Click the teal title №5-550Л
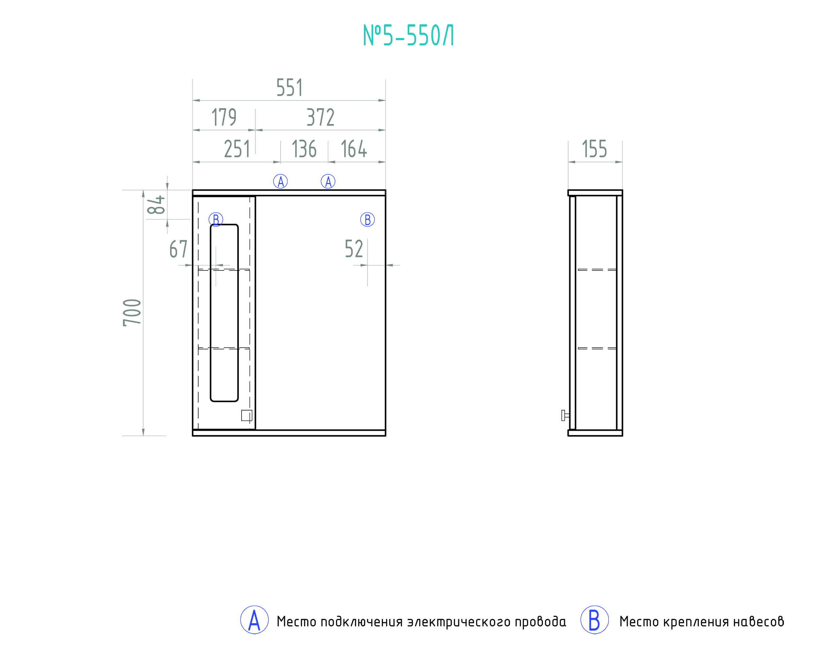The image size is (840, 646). point(409,35)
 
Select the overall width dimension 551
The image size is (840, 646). point(289,88)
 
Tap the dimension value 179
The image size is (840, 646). point(224,117)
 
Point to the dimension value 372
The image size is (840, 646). point(321,117)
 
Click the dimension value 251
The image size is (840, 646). point(237,149)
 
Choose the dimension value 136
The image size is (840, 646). point(304,149)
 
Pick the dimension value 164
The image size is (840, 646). point(354,149)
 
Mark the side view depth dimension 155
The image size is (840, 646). point(595,149)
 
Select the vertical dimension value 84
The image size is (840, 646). point(156,205)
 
